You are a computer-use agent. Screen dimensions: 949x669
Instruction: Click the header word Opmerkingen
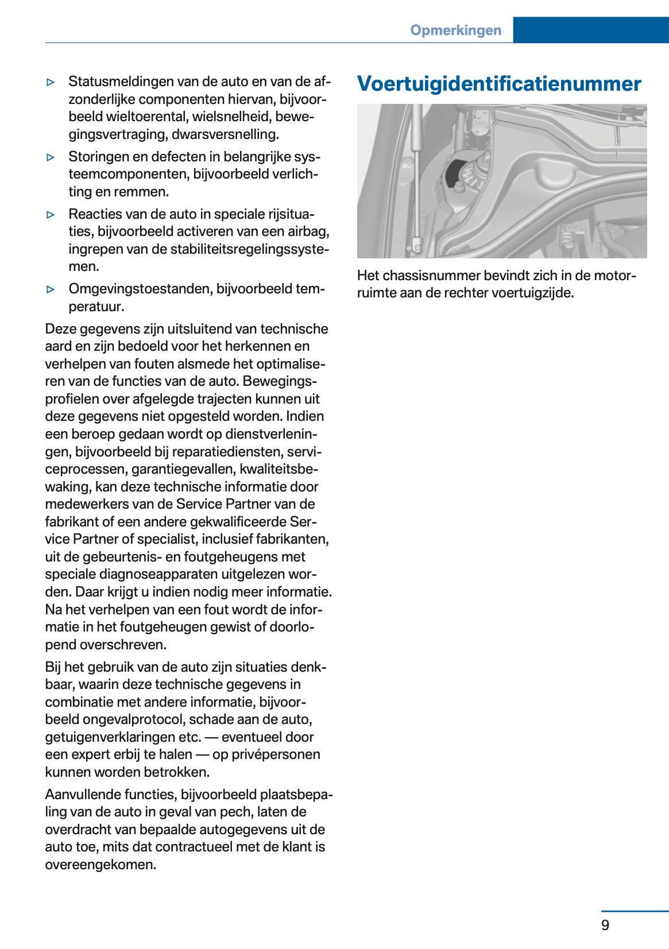click(455, 30)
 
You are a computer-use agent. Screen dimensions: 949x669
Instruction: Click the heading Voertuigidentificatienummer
click(498, 84)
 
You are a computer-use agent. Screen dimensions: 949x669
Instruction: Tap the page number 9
click(605, 925)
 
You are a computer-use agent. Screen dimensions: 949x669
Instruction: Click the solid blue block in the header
click(590, 30)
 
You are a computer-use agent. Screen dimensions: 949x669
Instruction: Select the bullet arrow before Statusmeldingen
click(51, 82)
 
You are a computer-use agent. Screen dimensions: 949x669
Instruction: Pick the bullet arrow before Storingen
click(51, 157)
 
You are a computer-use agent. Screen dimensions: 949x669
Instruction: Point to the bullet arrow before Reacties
click(51, 215)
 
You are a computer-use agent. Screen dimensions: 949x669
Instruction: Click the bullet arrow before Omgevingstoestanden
click(51, 289)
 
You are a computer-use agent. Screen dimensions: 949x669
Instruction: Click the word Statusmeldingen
click(121, 82)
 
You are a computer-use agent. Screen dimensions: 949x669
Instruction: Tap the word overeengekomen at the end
click(100, 865)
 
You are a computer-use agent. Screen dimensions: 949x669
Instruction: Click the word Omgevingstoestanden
click(140, 289)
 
